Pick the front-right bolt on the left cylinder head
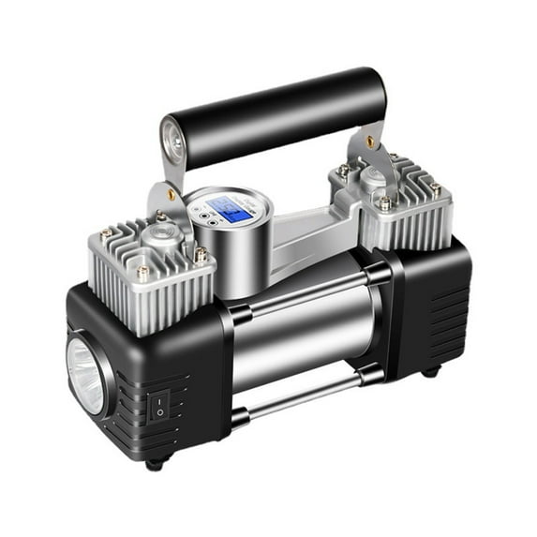click(x=199, y=254)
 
